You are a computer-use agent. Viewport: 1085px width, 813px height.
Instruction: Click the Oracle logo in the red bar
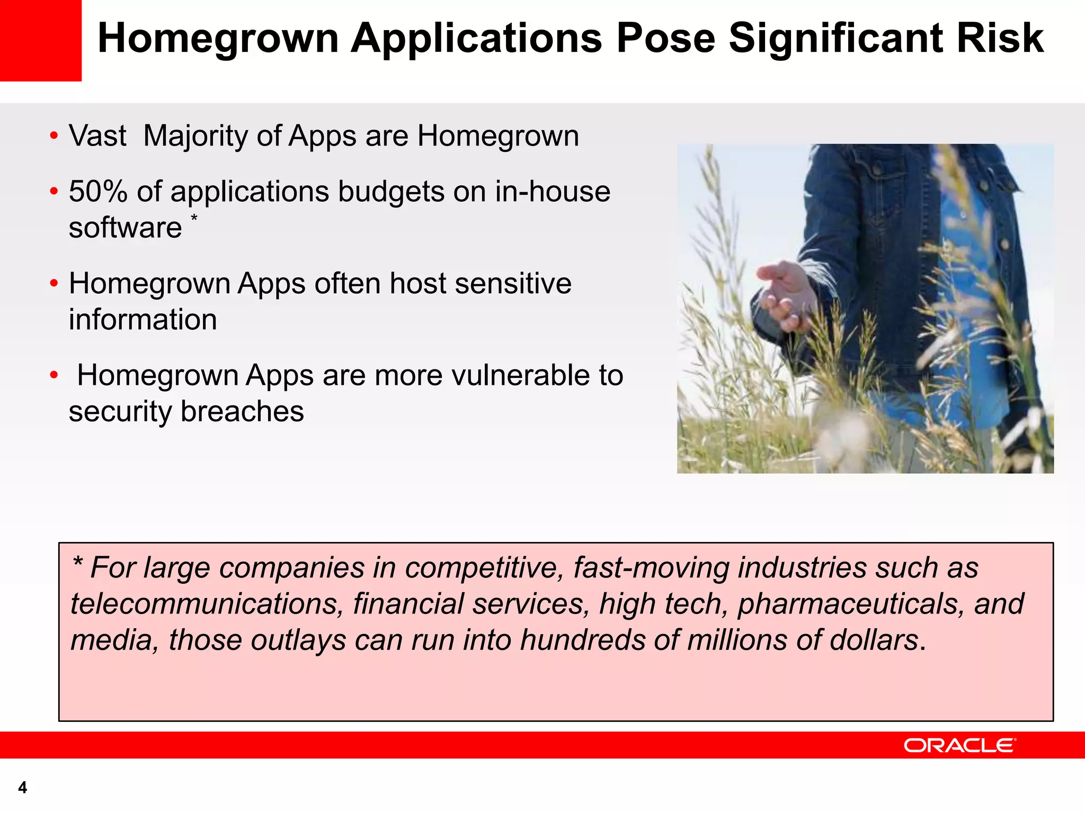[x=959, y=745]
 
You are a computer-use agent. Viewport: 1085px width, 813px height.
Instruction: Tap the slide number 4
[x=22, y=788]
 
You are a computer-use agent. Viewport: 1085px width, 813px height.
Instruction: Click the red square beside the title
[x=40, y=40]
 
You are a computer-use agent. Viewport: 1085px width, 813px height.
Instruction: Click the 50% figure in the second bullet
[x=98, y=191]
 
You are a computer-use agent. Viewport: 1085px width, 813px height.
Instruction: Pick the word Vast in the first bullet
[x=97, y=135]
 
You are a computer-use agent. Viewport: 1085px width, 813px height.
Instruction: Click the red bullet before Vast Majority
[x=54, y=136]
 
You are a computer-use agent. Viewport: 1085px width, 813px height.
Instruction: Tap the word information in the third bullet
[x=143, y=320]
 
